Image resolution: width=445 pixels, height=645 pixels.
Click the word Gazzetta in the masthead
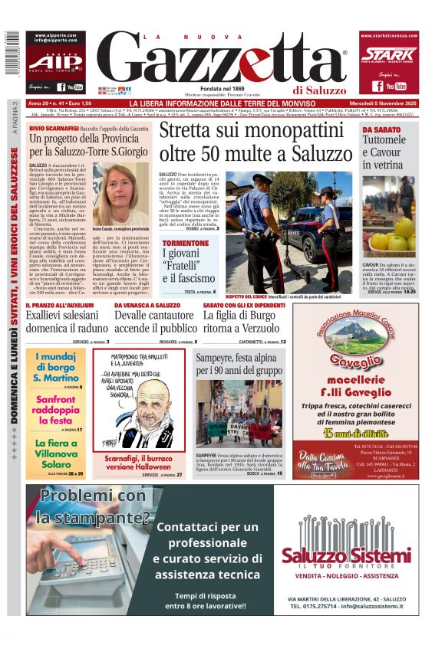pyautogui.click(x=222, y=61)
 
